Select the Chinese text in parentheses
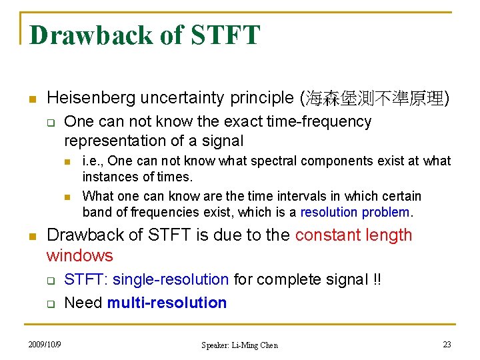tap(375, 99)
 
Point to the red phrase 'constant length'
tap(353, 235)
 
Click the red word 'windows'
tap(79, 255)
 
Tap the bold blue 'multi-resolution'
tap(167, 303)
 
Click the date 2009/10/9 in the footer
tap(45, 344)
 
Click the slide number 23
tap(447, 344)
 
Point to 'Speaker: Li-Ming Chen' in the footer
tap(239, 345)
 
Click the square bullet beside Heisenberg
tap(31, 99)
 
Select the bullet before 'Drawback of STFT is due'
tap(31, 236)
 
